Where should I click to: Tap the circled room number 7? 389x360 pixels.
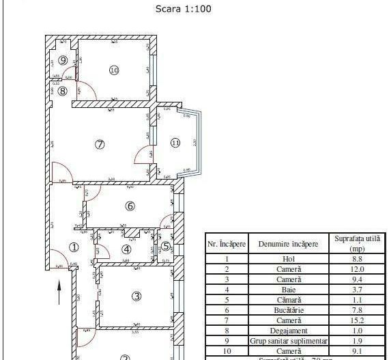[100, 144]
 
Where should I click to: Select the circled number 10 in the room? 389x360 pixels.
[114, 70]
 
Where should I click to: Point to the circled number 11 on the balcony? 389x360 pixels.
[175, 143]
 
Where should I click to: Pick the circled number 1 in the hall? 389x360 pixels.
[74, 248]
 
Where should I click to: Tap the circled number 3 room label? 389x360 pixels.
[136, 296]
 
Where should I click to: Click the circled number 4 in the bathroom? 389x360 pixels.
[126, 248]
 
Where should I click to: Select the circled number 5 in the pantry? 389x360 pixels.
[166, 247]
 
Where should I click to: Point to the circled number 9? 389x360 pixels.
[63, 60]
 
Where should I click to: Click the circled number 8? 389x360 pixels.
[62, 90]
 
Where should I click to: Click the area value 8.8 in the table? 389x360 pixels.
[358, 259]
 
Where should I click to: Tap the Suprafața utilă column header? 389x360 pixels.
[358, 243]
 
